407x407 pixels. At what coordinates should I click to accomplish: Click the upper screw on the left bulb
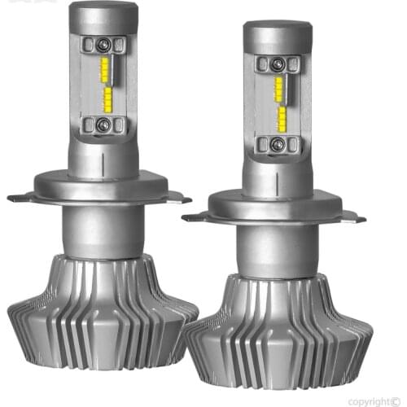[103, 44]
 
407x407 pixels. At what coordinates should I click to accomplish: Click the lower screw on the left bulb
[103, 125]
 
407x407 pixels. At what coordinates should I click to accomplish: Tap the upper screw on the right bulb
[277, 64]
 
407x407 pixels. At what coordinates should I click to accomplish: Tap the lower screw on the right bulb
[277, 144]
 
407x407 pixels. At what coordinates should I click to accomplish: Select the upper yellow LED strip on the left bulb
[105, 70]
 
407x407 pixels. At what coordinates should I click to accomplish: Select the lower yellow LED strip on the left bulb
[107, 99]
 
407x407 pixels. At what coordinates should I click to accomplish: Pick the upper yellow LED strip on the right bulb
[279, 90]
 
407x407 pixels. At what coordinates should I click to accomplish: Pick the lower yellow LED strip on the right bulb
[282, 119]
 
